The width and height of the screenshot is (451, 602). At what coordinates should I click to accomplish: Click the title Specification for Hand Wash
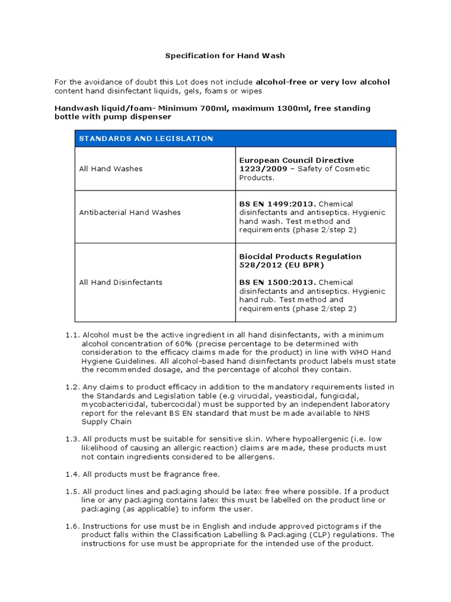(225, 56)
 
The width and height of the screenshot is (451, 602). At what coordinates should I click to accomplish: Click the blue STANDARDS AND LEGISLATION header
(146, 139)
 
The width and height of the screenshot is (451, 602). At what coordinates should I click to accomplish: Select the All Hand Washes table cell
(110, 169)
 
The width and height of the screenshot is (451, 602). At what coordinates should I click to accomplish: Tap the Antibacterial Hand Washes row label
(130, 212)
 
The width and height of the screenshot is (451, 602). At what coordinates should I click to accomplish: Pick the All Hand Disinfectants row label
(120, 282)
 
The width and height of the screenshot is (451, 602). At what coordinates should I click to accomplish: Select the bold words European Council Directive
(297, 160)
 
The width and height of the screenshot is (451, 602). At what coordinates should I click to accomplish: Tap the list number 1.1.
(72, 335)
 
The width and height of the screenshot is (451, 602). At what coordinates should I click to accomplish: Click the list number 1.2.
(72, 387)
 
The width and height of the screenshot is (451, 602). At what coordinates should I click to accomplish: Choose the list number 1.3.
(72, 439)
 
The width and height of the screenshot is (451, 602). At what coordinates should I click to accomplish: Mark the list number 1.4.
(72, 474)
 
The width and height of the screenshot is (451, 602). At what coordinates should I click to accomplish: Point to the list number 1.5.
(72, 491)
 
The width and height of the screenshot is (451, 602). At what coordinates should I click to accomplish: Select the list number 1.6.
(72, 526)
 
